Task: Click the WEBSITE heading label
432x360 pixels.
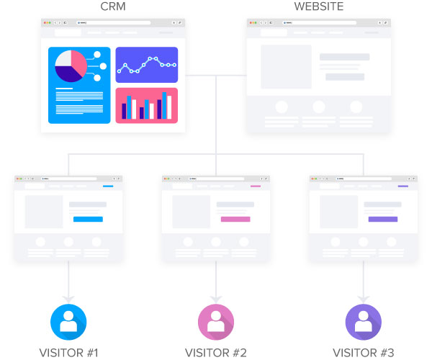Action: pos(319,7)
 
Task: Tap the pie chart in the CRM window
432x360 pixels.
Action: pos(71,66)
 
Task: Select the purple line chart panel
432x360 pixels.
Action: pos(146,65)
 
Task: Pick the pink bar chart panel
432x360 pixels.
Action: pos(146,105)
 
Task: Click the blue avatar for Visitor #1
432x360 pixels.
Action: pos(68,322)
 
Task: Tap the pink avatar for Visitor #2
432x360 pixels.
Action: pos(216,322)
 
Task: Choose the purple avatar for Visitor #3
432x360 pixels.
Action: pos(364,322)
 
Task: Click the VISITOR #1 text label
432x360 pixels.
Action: pos(68,352)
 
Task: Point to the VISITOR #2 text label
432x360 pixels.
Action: pos(216,352)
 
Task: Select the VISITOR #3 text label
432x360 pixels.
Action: pos(364,352)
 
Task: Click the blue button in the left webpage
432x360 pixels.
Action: pos(88,219)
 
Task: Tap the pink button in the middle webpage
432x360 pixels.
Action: pos(235,219)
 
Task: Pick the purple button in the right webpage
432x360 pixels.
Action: pos(383,219)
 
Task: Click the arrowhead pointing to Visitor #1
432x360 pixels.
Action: pos(68,297)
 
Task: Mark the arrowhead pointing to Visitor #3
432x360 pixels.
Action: pos(364,297)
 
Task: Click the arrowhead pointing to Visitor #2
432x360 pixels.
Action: pos(216,297)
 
